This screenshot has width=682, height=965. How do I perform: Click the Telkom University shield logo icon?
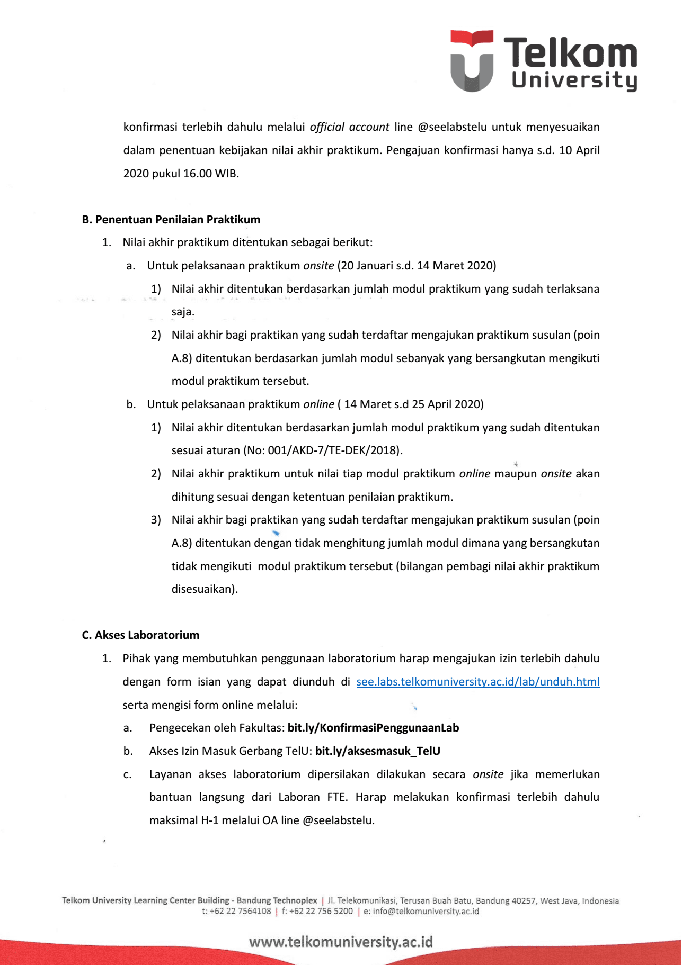pos(471,60)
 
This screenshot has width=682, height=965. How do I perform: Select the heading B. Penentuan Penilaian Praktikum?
pos(171,220)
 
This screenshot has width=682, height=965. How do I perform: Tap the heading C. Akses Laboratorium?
pos(140,635)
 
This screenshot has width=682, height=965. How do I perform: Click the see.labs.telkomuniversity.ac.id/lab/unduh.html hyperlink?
pos(478,682)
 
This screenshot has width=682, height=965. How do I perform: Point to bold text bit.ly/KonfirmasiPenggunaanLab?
pos(373,728)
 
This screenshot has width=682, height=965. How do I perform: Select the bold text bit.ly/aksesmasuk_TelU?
pos(378,751)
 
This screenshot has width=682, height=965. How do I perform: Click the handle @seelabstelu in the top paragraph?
pos(452,127)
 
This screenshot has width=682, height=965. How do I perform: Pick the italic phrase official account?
pos(349,127)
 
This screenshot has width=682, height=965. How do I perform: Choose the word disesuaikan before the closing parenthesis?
pos(202,589)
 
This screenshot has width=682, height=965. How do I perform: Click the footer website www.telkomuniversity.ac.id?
pos(341,942)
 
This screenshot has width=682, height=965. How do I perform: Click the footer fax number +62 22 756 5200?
pos(321,912)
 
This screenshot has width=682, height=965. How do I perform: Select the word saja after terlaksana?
pos(182,312)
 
